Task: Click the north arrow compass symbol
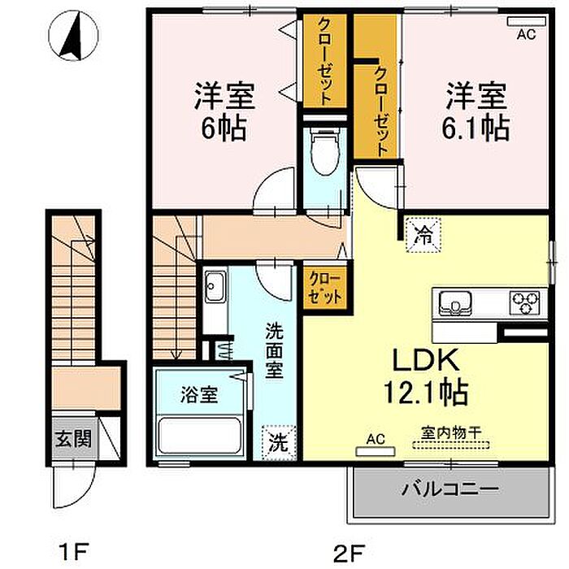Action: click(x=74, y=36)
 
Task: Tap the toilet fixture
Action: click(x=325, y=150)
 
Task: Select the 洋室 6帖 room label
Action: click(x=224, y=111)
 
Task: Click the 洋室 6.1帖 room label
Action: click(x=476, y=111)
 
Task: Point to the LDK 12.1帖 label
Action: click(x=426, y=376)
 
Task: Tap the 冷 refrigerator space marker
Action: click(x=423, y=235)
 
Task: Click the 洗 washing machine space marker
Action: click(x=279, y=442)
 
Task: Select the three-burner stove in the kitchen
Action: click(x=525, y=302)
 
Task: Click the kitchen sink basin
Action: click(x=455, y=303)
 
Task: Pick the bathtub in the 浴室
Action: click(x=200, y=436)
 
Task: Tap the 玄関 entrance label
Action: click(x=73, y=439)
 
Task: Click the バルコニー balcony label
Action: click(x=450, y=489)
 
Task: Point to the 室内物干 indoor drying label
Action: click(x=451, y=432)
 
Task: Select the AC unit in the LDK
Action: click(x=376, y=451)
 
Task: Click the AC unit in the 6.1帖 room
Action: click(x=527, y=21)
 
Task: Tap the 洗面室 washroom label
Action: click(x=275, y=350)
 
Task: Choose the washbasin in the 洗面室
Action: click(x=215, y=286)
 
